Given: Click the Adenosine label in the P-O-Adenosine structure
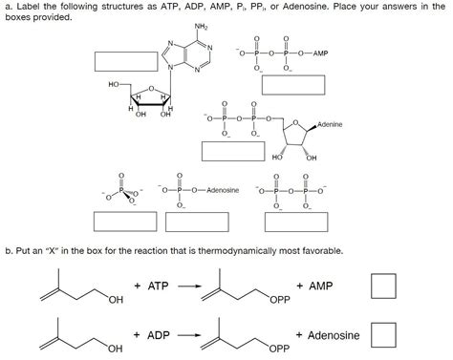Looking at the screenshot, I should click(222, 192).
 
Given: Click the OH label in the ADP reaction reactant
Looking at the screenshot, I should click(116, 351).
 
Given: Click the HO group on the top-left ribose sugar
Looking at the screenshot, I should click(116, 85).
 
